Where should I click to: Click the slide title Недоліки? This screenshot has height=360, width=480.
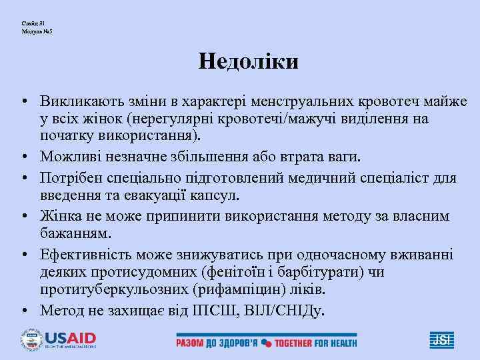[x=248, y=62]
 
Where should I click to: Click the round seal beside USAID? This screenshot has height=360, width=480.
[x=31, y=340]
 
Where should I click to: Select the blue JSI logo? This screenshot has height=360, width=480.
[x=441, y=340]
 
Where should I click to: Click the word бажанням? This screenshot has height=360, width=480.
[x=75, y=234]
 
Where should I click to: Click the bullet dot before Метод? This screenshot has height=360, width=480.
[x=23, y=311]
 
